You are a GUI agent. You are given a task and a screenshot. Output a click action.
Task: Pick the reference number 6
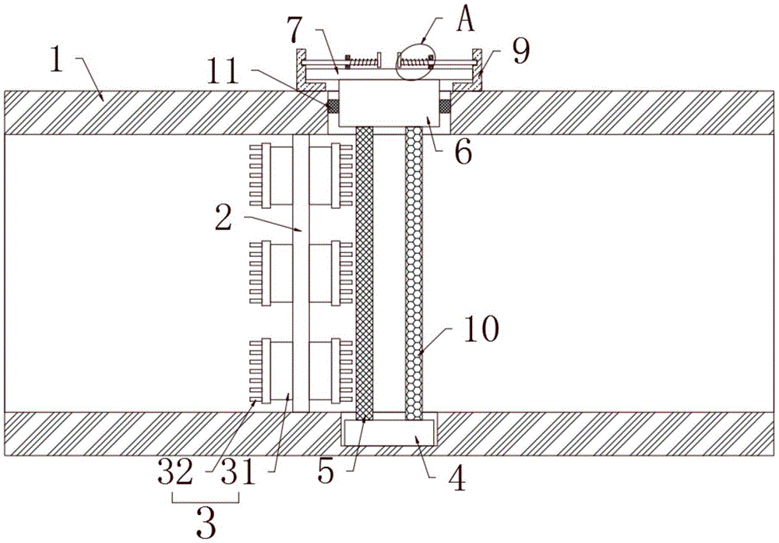463,153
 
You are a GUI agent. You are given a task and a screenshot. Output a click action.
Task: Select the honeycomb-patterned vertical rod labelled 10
413,273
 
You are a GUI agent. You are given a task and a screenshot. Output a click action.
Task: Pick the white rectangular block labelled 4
390,431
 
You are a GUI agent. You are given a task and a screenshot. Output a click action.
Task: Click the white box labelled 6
389,105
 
